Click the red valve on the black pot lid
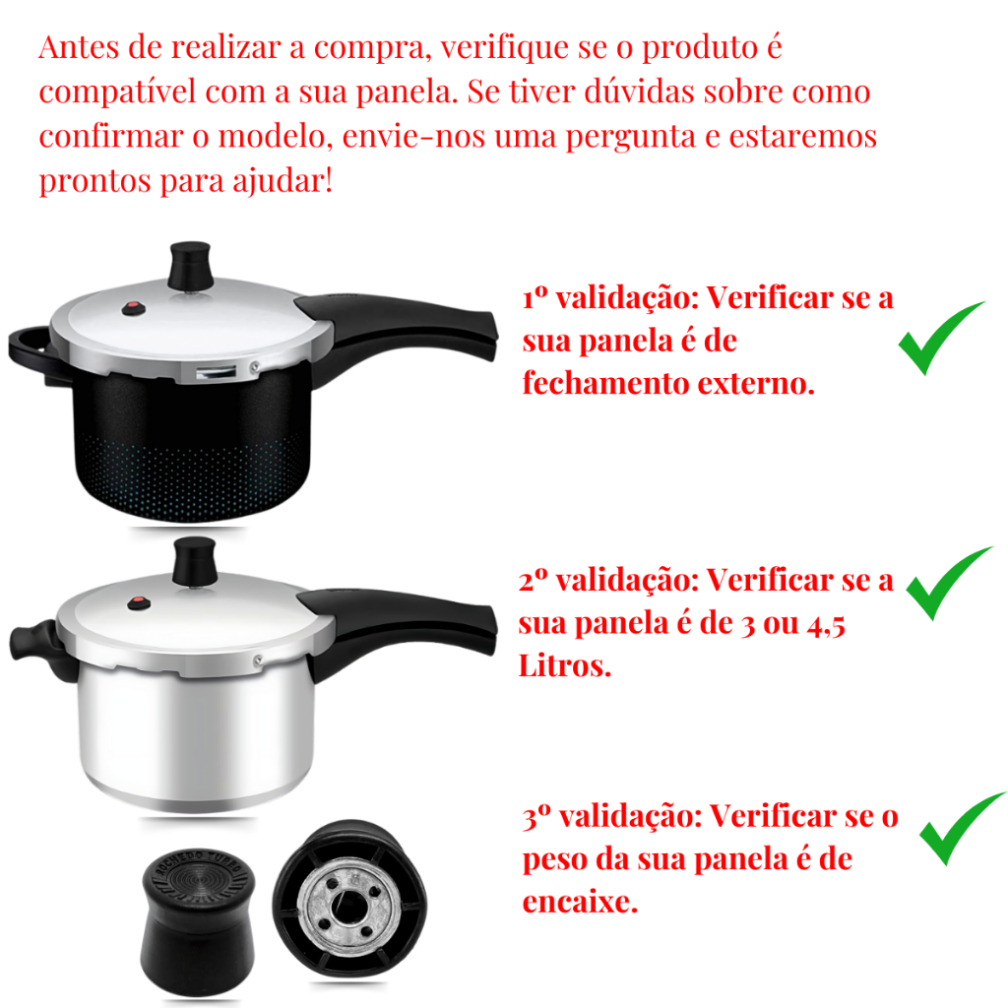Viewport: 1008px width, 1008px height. coord(133,309)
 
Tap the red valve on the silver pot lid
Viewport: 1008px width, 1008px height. coord(139,603)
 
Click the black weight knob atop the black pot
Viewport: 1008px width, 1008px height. coord(190,266)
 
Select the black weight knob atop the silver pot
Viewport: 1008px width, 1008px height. coord(195,561)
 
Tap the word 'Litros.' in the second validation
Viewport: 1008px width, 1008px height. coord(564,666)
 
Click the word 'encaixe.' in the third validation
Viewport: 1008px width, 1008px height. coord(580,902)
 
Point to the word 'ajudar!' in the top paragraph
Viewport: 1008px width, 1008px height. coord(283,181)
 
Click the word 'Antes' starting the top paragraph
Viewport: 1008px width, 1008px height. coord(79,47)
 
